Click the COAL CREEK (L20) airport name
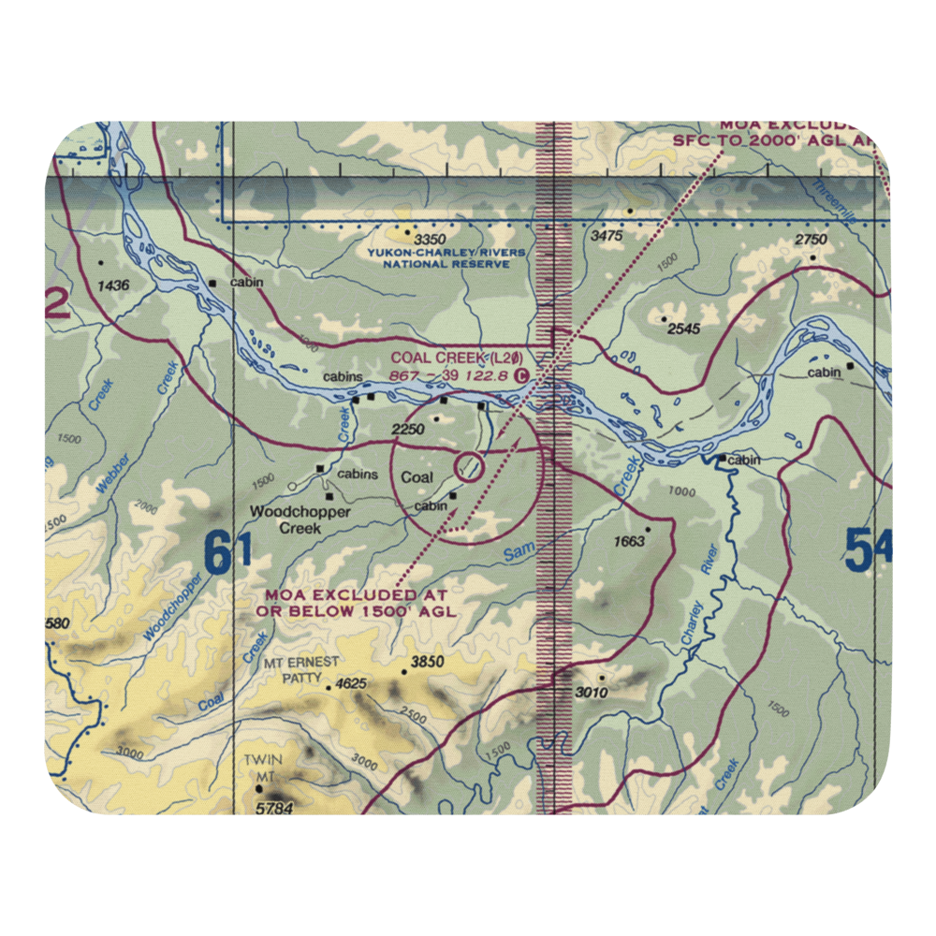tap(457, 358)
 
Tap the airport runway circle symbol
tap(470, 465)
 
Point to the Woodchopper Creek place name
tap(300, 520)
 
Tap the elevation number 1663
tap(629, 541)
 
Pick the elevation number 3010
tap(591, 693)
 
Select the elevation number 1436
tap(110, 285)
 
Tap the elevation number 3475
tap(607, 237)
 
